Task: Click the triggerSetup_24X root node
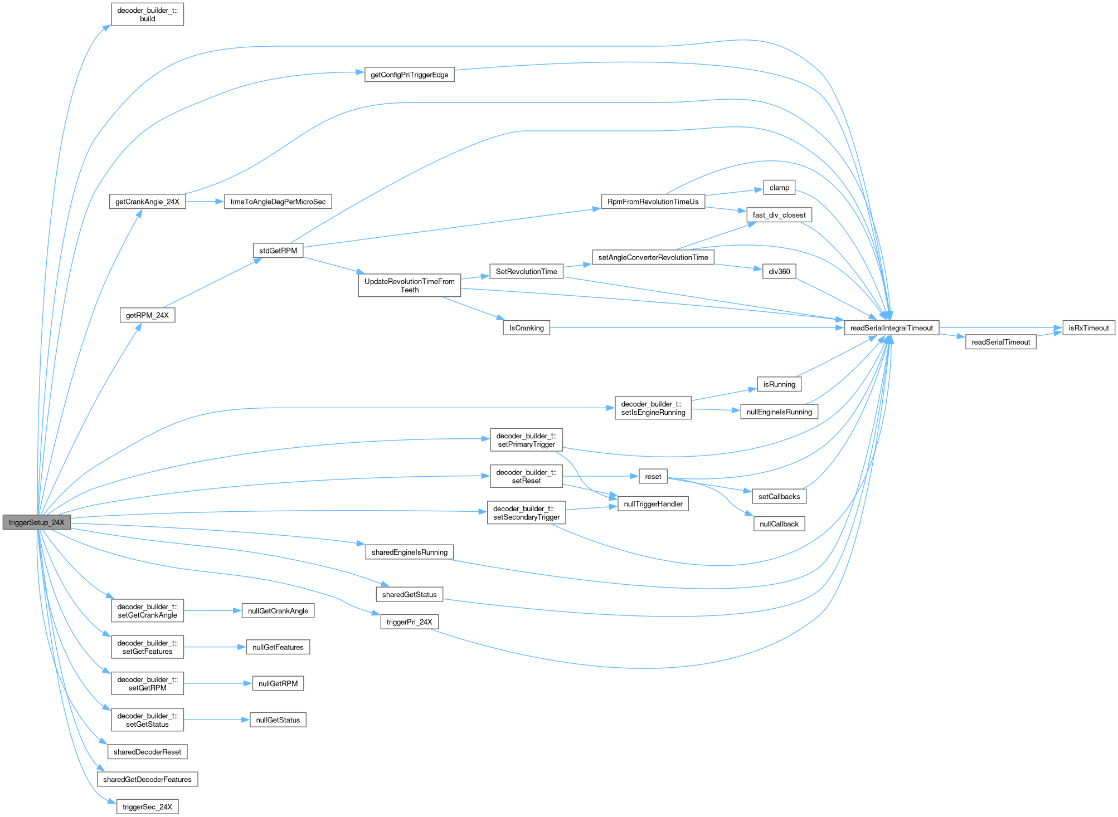37,522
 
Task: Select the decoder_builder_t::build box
147,14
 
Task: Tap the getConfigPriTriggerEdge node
409,75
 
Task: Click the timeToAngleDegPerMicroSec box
278,202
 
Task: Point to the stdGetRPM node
278,251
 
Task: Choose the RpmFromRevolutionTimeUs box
653,202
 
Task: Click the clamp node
779,188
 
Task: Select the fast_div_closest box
779,215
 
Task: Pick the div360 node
779,271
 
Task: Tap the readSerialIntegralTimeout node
891,328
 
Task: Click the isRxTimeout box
1088,328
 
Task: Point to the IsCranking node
526,328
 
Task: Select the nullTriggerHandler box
653,504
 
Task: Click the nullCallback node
779,524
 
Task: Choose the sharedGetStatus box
409,594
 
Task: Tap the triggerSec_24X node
147,807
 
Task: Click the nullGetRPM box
278,683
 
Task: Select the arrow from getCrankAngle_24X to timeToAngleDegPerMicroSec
205,202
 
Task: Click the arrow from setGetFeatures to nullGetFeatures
215,647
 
